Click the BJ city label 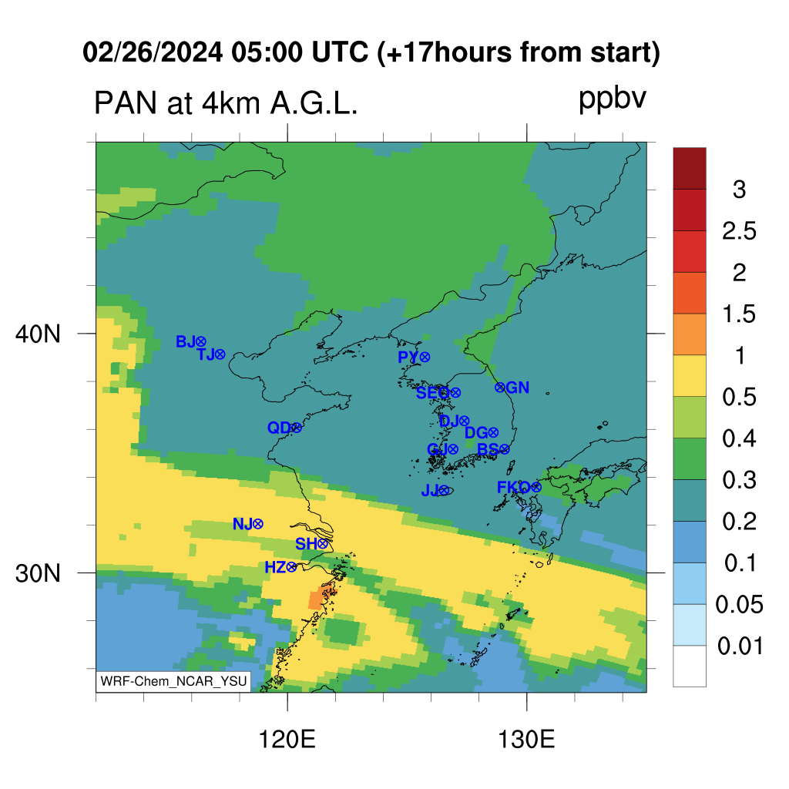point(185,341)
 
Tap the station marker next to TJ point(220,354)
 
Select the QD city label point(279,428)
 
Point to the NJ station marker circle point(257,524)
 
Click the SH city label point(306,543)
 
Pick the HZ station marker point(290,568)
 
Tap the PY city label point(408,357)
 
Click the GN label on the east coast point(517,388)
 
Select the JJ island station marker point(443,490)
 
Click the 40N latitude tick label point(38,334)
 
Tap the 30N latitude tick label point(38,573)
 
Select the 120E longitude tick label point(287,740)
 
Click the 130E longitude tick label point(526,740)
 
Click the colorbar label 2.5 point(739,231)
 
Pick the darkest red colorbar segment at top point(690,169)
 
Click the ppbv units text point(612,99)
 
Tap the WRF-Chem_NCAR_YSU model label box point(173,681)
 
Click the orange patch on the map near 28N point(317,599)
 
